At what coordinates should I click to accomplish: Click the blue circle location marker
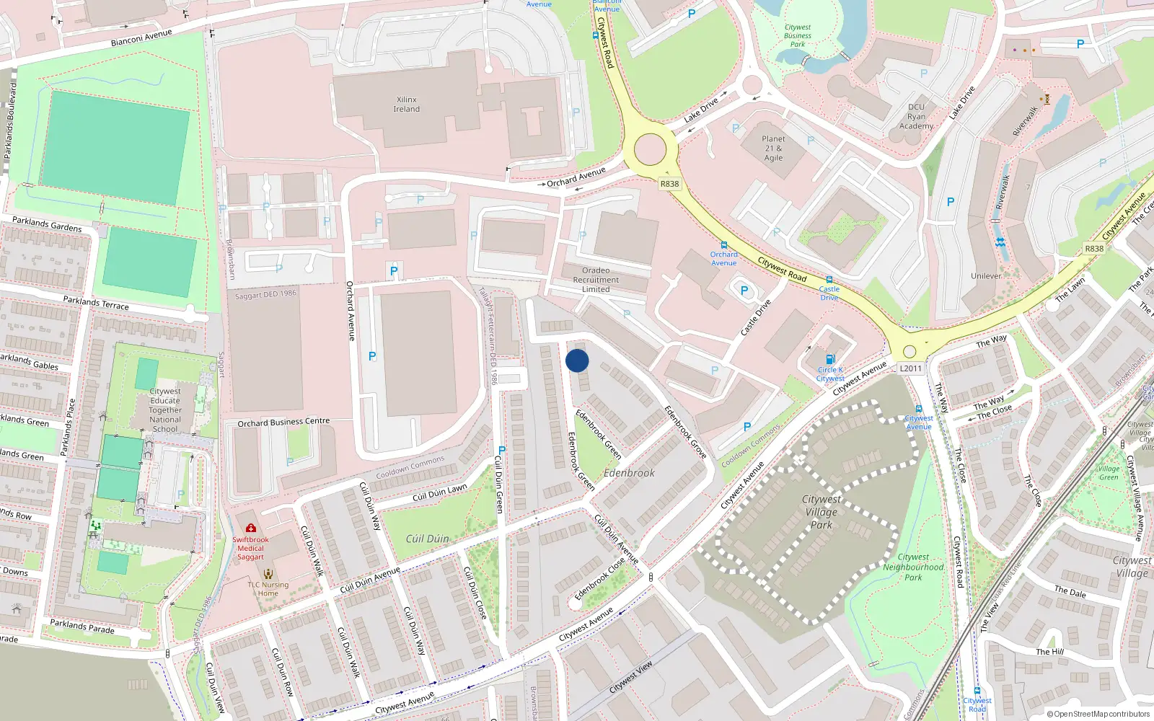point(577,360)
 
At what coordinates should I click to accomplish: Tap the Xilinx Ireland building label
point(407,105)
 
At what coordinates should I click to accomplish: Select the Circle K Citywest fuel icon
point(830,359)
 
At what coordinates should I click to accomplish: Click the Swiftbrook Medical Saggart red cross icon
point(250,528)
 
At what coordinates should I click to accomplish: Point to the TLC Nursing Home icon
point(268,574)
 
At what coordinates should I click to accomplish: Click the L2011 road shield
point(910,368)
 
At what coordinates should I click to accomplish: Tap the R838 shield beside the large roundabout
point(669,184)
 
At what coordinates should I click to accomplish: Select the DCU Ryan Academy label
point(916,116)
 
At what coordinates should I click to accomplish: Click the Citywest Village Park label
point(821,512)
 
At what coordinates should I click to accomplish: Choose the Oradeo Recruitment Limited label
point(596,280)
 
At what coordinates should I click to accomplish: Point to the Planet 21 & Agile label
point(773,148)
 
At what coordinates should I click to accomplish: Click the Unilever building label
point(985,276)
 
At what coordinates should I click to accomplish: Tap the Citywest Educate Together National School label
point(165,410)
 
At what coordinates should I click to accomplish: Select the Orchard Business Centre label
point(283,423)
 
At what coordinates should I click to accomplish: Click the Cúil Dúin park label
point(427,539)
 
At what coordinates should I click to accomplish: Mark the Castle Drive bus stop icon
point(829,280)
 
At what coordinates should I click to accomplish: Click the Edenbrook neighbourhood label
point(629,473)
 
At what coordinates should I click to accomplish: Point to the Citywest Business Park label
point(797,35)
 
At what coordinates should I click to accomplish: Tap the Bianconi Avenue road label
point(141,38)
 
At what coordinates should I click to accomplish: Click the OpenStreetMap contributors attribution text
point(1099,715)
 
